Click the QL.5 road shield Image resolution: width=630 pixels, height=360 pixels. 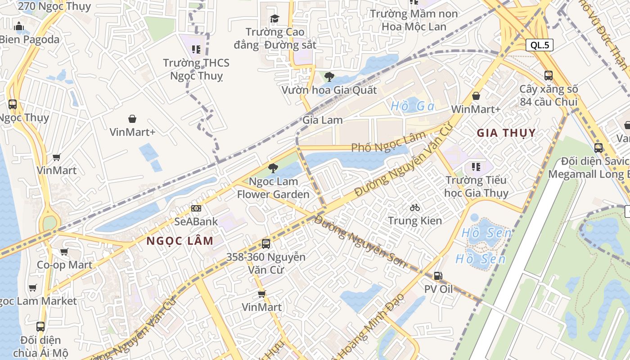pos(540,45)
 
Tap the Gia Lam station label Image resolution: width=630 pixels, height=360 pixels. pos(322,120)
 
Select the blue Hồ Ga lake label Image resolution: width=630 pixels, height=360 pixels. pos(412,106)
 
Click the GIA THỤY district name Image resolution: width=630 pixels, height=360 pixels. pos(506,133)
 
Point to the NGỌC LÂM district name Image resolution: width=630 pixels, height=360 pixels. pos(180,241)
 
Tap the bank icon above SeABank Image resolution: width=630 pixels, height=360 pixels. pos(196,208)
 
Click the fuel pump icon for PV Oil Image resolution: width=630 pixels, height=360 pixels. pos(438,276)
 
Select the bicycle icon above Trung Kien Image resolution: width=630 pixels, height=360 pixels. pos(415,207)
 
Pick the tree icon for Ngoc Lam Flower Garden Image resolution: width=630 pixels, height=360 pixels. pos(273,168)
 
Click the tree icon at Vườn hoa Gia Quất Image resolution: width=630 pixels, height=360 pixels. pos(329,76)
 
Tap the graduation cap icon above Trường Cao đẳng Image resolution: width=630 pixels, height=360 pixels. pos(274,18)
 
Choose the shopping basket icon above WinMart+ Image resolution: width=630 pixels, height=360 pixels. pos(476,96)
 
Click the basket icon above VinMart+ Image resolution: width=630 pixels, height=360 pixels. pos(132,119)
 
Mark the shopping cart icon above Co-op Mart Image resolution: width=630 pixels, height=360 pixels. pos(64,252)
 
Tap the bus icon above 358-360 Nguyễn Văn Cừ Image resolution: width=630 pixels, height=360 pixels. pos(266,244)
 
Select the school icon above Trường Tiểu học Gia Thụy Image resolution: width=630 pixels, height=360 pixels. pos(476,167)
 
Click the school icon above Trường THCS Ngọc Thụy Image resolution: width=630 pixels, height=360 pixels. pos(196,49)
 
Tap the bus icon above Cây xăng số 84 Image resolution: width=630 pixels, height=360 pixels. pos(548,76)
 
